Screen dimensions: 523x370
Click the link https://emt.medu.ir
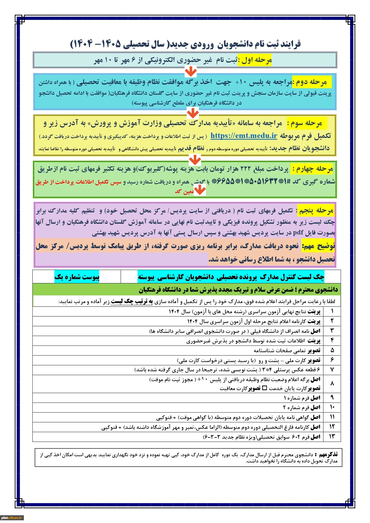pyautogui.click(x=244, y=136)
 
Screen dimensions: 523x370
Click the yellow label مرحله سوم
pyautogui.click(x=306, y=123)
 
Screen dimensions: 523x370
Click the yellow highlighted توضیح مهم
pyautogui.click(x=318, y=246)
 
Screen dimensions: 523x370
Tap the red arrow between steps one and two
pyautogui.click(x=191, y=71)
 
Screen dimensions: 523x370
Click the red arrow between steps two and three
pyautogui.click(x=193, y=113)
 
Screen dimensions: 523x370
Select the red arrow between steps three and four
pyautogui.click(x=195, y=160)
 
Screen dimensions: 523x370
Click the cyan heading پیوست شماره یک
pyautogui.click(x=77, y=277)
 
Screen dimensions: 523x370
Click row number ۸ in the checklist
pyautogui.click(x=332, y=384)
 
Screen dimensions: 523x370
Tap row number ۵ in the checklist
pyautogui.click(x=332, y=350)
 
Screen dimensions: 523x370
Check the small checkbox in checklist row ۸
pyautogui.click(x=264, y=388)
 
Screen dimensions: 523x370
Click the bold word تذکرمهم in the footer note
pyautogui.click(x=328, y=454)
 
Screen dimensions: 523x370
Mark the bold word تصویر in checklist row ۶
pyautogui.click(x=314, y=360)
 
